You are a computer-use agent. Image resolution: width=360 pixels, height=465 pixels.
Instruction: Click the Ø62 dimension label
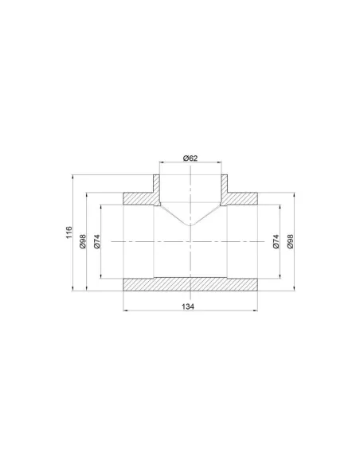click(190, 158)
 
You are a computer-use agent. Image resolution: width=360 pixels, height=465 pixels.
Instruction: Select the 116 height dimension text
click(68, 232)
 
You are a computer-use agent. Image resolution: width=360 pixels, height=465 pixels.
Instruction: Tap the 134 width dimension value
click(188, 307)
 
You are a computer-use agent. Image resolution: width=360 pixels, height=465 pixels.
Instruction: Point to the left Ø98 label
click(83, 241)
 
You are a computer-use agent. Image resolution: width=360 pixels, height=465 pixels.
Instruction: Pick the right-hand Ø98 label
click(290, 241)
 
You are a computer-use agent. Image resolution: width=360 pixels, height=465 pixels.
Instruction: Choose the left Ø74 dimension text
click(97, 241)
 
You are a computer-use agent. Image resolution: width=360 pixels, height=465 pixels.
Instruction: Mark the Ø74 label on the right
click(276, 241)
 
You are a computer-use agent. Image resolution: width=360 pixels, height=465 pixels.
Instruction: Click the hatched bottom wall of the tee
click(190, 284)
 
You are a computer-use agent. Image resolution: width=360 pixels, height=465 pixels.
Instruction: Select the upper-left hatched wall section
click(139, 198)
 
